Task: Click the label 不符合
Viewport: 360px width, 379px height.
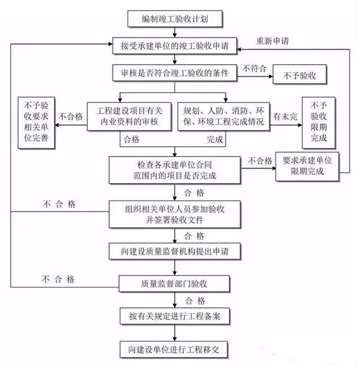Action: pos(254,69)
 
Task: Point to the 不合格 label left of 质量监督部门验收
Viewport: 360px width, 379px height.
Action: pos(58,279)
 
